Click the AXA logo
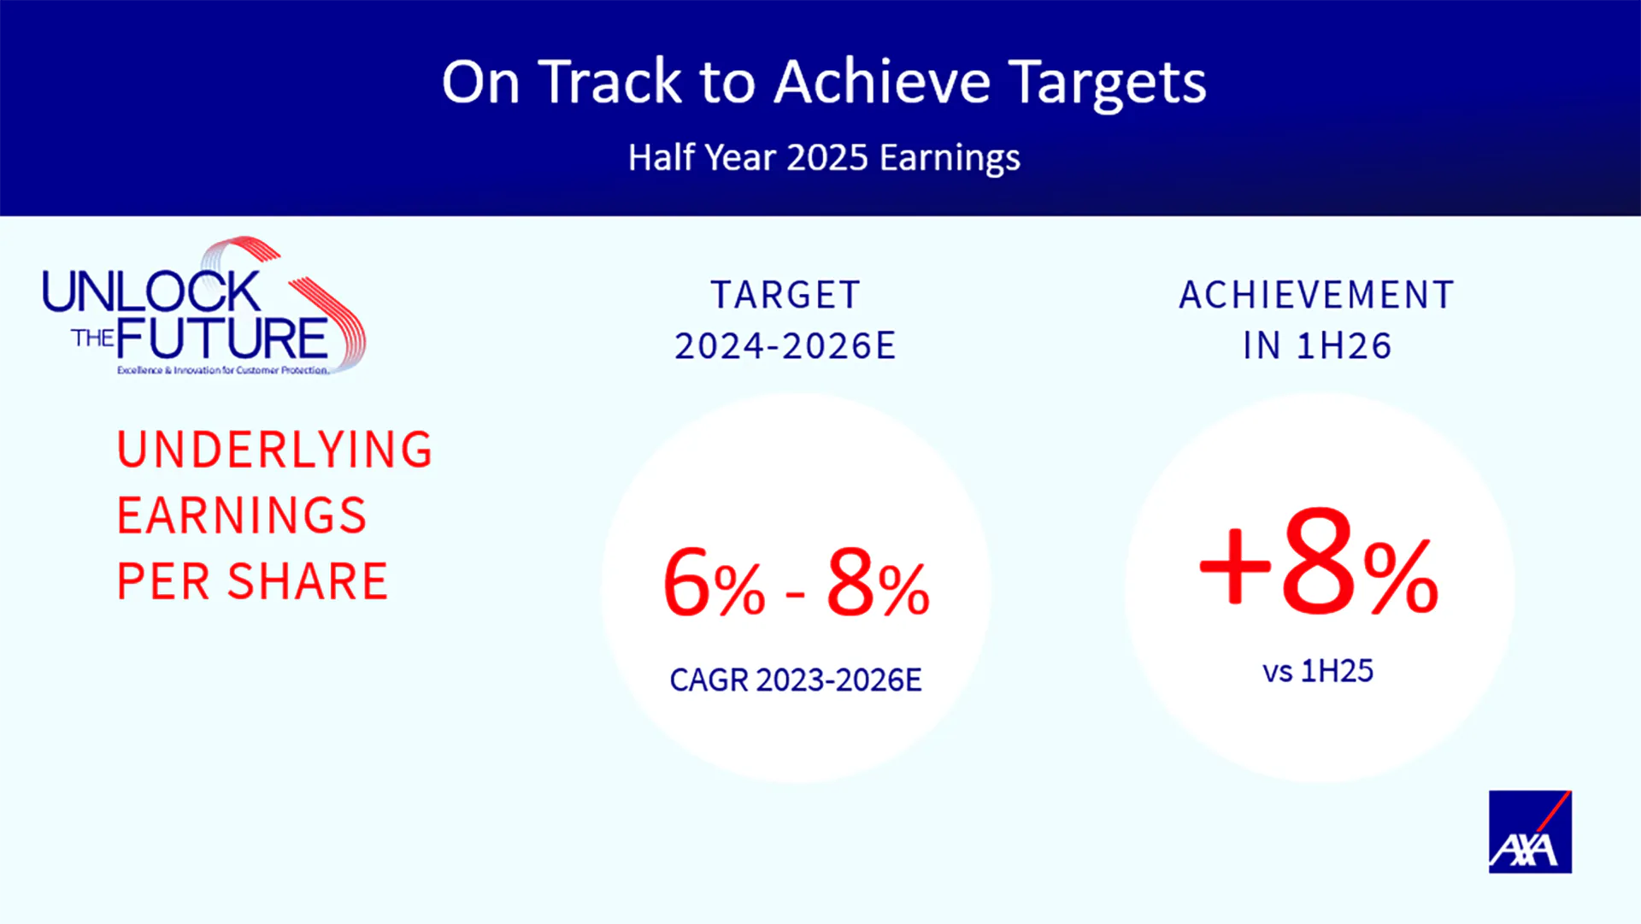click(1530, 832)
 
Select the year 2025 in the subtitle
click(827, 158)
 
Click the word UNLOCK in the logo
click(151, 292)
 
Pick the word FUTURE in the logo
click(222, 338)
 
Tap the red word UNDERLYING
click(275, 450)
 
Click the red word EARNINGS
click(242, 515)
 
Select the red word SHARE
click(308, 582)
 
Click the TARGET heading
click(785, 295)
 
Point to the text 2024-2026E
click(785, 346)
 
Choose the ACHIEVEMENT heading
click(1317, 295)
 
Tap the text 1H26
click(1344, 346)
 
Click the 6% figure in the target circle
click(715, 582)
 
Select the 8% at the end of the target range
click(878, 582)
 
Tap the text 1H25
click(1337, 671)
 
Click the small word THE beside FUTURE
click(92, 338)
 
